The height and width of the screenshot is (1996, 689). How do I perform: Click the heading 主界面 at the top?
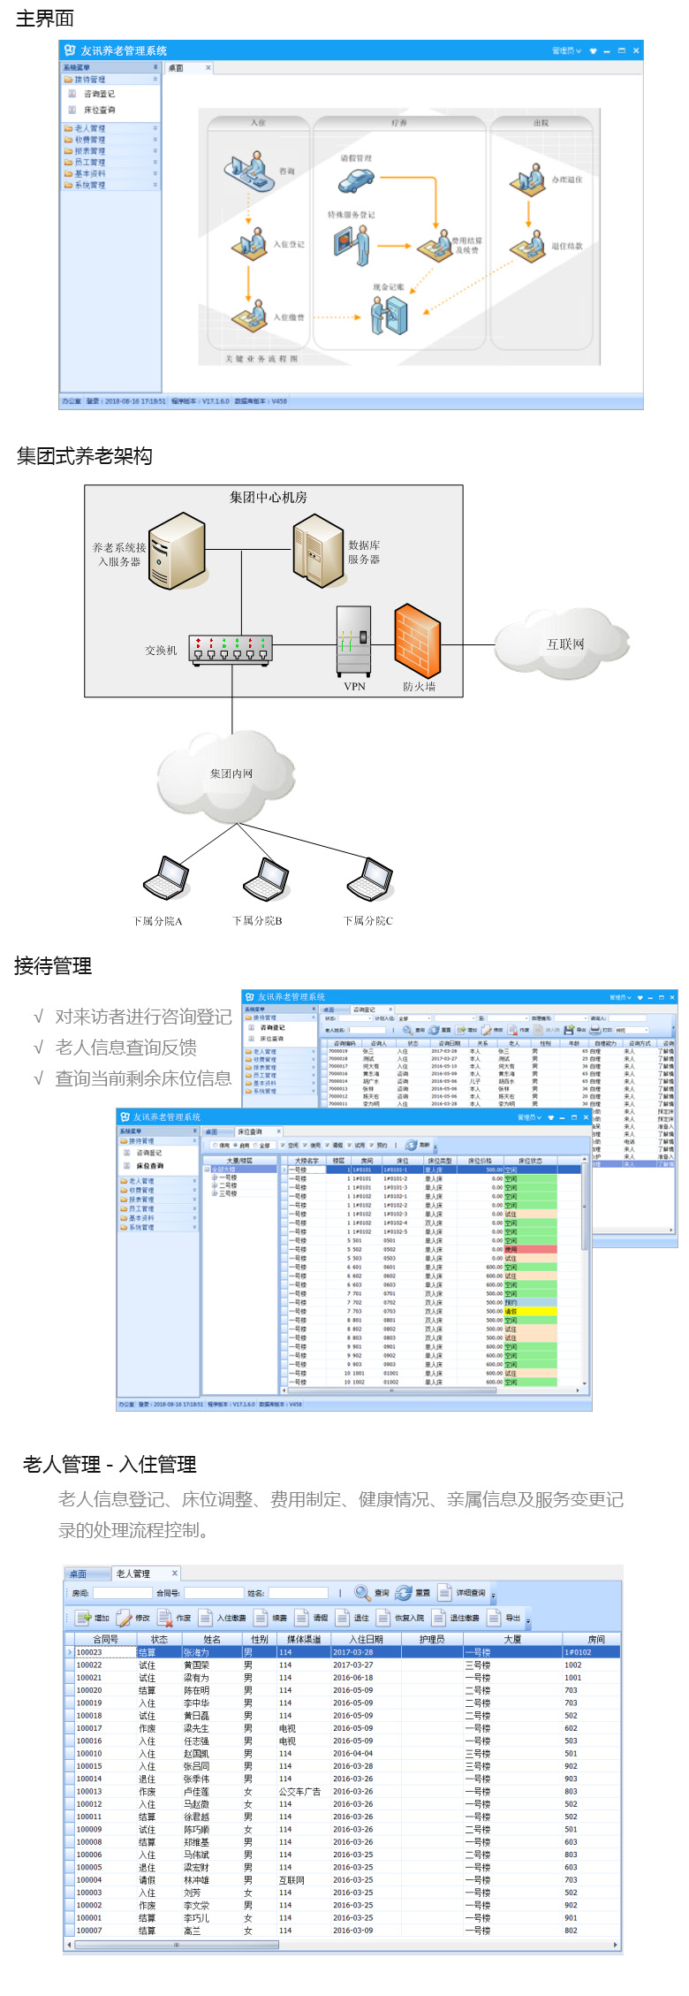coord(45,19)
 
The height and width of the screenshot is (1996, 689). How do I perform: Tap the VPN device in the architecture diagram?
coord(353,642)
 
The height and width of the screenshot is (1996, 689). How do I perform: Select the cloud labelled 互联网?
coord(564,644)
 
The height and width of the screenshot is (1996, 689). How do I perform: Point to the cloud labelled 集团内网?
coord(231,774)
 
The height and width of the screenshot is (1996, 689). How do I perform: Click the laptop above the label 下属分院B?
coord(267,879)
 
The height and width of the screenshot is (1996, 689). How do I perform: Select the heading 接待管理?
coord(53,966)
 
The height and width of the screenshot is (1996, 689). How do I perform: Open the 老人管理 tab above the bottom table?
coord(133,1573)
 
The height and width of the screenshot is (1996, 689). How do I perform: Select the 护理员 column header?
coord(432,1639)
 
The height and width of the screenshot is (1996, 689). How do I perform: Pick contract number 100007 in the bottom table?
coord(89,1931)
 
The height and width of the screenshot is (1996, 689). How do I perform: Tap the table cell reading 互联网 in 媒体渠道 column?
coord(291,1880)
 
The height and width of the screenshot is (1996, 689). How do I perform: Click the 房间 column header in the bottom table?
coord(596,1639)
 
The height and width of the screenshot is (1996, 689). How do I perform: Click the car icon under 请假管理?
coord(355,181)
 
